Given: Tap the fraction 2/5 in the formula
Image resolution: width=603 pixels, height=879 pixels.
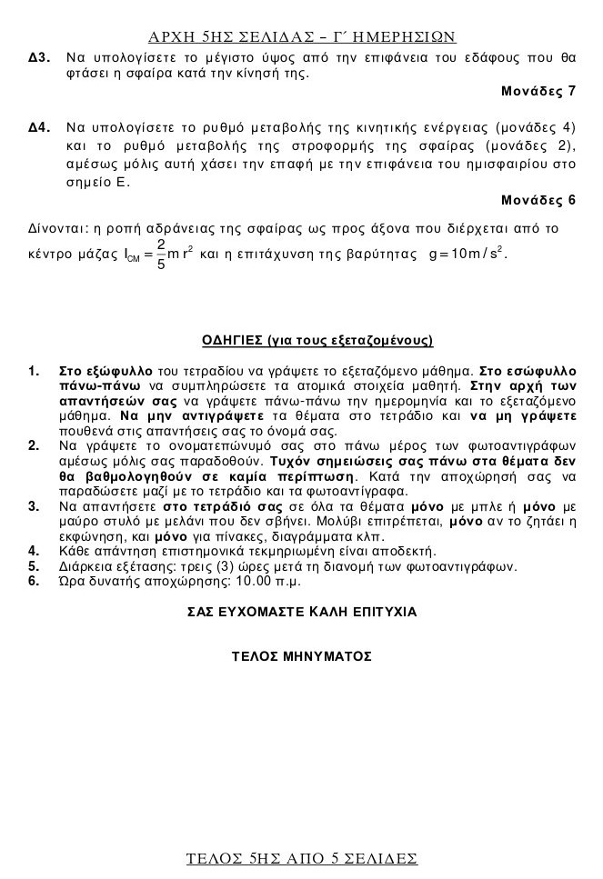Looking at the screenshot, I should (x=160, y=255).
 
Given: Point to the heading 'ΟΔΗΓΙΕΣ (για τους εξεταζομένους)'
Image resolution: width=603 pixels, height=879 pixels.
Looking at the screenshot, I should (x=317, y=341).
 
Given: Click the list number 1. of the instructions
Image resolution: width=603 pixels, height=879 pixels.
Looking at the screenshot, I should (x=34, y=372).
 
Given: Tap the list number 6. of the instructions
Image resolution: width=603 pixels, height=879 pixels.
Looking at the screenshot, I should (x=34, y=581).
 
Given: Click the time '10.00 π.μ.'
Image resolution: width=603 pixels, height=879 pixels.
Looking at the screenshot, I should (x=268, y=581).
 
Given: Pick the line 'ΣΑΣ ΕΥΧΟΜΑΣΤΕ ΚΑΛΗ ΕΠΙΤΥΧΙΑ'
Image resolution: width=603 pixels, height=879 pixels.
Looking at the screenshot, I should (x=301, y=612).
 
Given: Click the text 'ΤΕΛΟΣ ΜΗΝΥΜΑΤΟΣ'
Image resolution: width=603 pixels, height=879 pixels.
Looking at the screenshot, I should (x=302, y=655).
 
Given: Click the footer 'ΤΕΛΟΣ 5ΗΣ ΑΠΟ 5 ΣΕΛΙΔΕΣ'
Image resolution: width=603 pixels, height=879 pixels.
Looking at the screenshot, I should (x=301, y=857).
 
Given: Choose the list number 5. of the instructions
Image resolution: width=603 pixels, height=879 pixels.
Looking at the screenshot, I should (x=34, y=566).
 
